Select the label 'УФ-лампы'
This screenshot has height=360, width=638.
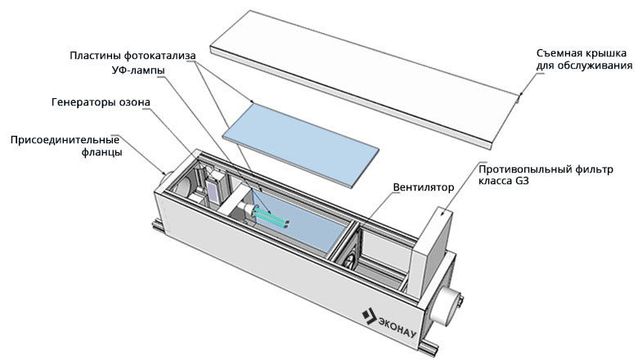[137, 70]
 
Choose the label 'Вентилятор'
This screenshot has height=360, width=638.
[423, 187]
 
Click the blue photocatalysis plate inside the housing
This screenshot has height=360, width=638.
[315, 221]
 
